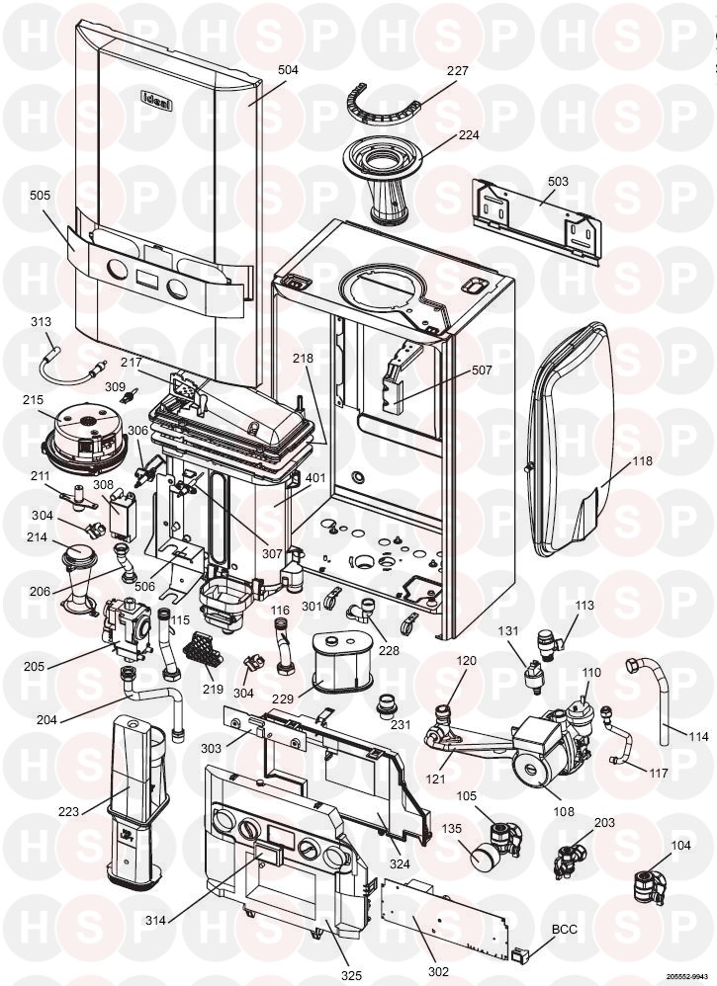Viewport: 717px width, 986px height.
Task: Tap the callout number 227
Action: coord(457,71)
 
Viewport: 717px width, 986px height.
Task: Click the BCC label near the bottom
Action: coord(564,931)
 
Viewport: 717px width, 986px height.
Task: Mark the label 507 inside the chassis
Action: coord(482,370)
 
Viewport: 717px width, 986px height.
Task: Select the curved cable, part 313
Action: coord(69,351)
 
